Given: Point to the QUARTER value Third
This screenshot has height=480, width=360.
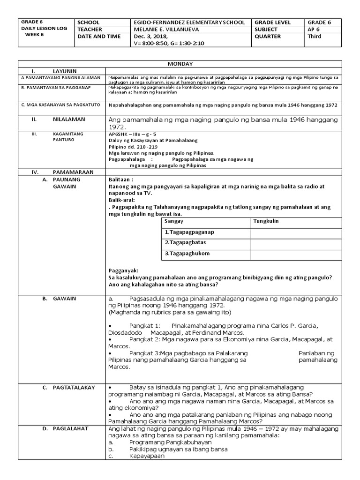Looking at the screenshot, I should (315, 36).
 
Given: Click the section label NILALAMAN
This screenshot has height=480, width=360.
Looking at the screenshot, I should (68, 120).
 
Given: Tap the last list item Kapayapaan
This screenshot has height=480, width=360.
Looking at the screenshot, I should (147, 456).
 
